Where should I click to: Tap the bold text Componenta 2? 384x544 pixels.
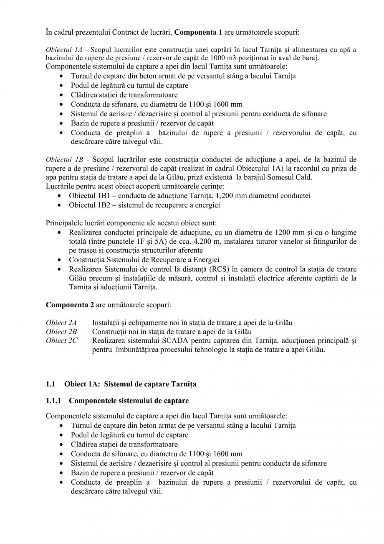70,305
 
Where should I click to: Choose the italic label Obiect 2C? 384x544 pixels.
61,341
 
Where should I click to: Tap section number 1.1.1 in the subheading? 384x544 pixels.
53,401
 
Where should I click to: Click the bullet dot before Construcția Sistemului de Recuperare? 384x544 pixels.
61,260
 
